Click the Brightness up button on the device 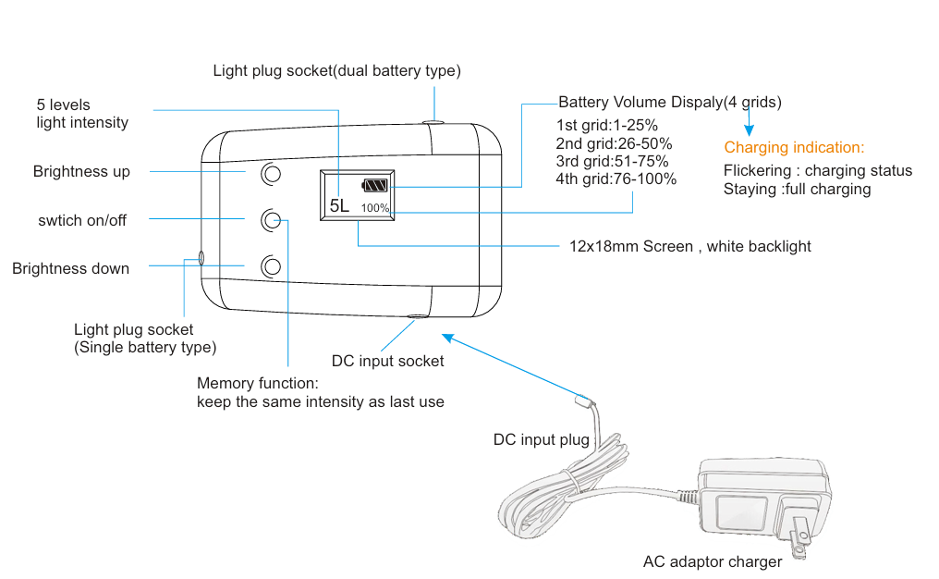click(271, 173)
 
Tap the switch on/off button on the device click(271, 220)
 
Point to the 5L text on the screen click(339, 205)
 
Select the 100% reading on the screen click(375, 208)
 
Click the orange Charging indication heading click(794, 147)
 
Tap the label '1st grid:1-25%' click(606, 126)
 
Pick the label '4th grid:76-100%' click(616, 179)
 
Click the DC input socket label click(387, 361)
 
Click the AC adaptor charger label click(713, 561)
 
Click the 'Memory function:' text click(257, 383)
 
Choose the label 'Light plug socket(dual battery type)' click(336, 70)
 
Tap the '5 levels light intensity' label click(82, 114)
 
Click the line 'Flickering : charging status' click(818, 171)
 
